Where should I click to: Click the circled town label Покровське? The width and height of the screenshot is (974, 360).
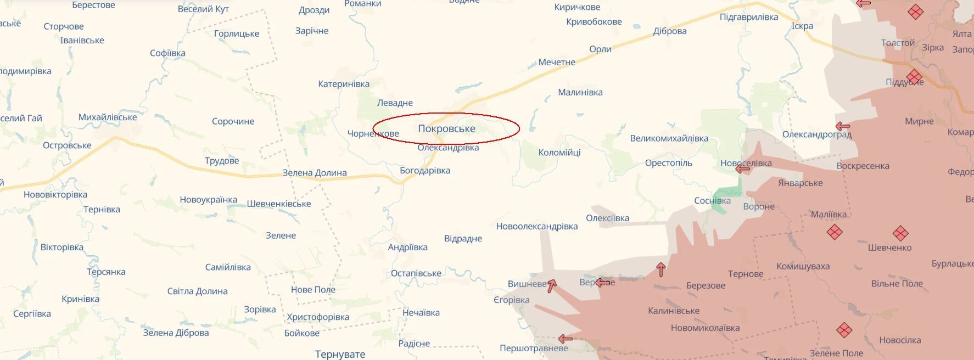pos(446,129)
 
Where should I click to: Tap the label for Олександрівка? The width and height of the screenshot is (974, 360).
pos(448,148)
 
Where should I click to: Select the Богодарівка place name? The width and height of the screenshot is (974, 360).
pos(424,171)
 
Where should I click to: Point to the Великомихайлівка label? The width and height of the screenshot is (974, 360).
pos(669,138)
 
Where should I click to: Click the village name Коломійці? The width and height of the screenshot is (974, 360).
pos(559,153)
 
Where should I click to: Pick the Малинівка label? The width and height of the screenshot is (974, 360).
pos(580,92)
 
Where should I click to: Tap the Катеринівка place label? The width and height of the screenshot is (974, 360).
pos(344,84)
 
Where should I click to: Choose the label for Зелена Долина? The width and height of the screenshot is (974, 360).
pos(314,173)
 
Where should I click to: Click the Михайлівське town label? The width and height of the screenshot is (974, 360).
pos(108,117)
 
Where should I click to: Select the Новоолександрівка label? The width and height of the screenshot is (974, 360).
pos(536,226)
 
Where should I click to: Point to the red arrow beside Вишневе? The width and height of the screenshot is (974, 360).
pos(552,285)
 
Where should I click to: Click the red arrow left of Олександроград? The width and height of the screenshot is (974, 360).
pos(842,127)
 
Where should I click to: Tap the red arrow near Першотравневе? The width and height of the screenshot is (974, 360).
pos(565,339)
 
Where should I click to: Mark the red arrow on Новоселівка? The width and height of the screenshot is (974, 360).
pos(742,169)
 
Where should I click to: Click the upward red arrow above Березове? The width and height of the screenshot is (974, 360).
pos(661,269)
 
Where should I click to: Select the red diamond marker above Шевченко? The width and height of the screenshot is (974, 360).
pos(900,233)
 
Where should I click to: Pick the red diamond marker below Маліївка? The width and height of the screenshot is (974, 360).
pos(835,232)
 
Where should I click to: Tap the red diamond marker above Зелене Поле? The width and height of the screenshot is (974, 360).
pos(844,330)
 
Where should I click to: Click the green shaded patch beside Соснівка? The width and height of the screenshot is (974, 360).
pos(727,193)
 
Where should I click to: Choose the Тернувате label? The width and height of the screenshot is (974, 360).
pos(340,354)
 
